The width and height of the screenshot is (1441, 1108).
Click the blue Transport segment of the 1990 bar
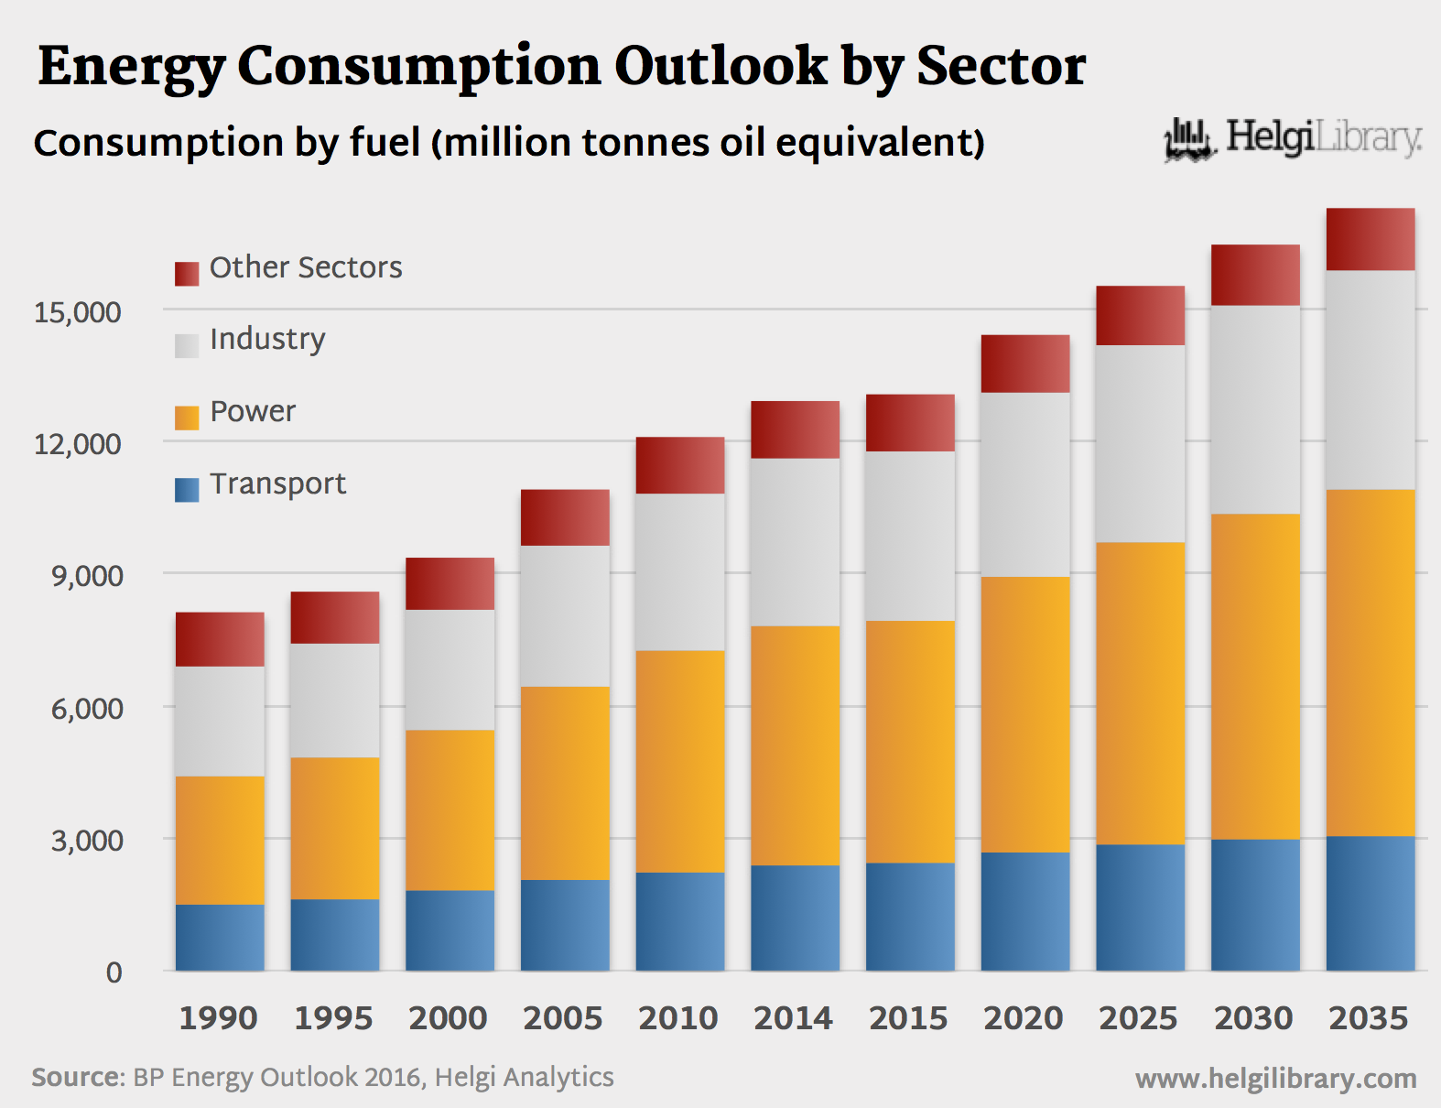[x=220, y=938]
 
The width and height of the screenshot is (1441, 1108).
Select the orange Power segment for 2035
[x=1370, y=663]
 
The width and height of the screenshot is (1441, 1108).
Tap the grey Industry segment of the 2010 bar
[x=680, y=572]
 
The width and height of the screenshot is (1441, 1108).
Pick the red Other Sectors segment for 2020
[x=1025, y=364]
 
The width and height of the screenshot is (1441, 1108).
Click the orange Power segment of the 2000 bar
[x=450, y=809]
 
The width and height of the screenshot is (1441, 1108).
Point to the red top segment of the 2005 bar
[x=565, y=517]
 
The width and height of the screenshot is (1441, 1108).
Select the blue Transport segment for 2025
[x=1140, y=907]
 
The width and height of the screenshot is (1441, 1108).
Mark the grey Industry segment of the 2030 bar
[x=1255, y=409]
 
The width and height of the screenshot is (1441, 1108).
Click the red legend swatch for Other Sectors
[x=187, y=274]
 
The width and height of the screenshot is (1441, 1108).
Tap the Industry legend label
[x=267, y=339]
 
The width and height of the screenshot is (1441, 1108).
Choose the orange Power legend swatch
[x=187, y=418]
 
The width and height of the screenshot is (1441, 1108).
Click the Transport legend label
[x=277, y=483]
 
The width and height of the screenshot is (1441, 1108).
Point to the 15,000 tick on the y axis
[x=78, y=312]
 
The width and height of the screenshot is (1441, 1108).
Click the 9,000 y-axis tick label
[x=87, y=576]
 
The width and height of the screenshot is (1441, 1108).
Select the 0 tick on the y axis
[x=114, y=972]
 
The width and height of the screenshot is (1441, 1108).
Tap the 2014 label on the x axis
[x=793, y=1018]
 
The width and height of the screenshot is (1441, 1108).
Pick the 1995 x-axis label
[x=333, y=1018]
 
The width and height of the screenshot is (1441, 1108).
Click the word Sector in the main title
[x=1001, y=66]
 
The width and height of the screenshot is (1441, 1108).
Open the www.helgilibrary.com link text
[x=1275, y=1079]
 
